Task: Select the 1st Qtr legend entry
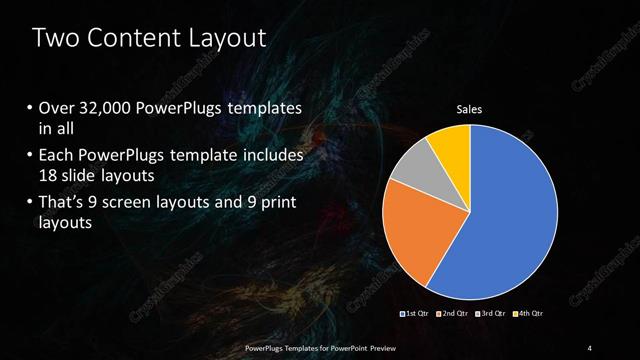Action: pos(415,315)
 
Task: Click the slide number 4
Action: pos(590,347)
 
